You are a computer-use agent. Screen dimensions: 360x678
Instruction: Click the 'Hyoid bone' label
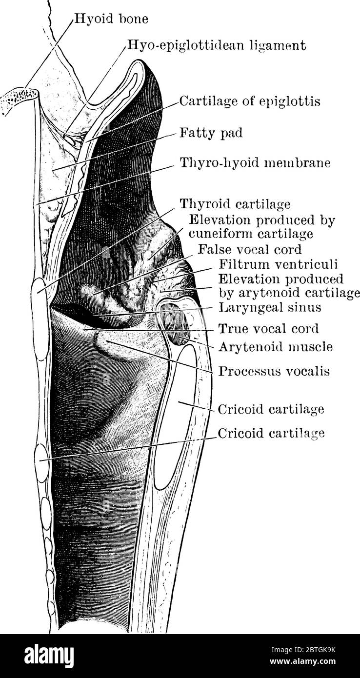point(111,19)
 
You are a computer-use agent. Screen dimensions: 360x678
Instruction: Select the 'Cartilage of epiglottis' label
point(250,101)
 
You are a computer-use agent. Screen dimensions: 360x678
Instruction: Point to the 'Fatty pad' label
point(211,133)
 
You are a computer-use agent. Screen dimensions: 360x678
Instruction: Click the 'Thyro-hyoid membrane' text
point(255,163)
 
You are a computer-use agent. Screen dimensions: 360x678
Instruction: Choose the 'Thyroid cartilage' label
point(235,204)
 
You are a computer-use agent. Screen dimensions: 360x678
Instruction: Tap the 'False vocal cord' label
point(250,249)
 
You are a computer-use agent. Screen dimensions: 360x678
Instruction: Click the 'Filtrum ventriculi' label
point(278,264)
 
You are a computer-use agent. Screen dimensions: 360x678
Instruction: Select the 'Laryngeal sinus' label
point(270,308)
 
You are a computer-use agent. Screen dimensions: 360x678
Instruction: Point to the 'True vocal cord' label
point(269,329)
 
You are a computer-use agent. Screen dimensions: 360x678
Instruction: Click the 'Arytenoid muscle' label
point(276,347)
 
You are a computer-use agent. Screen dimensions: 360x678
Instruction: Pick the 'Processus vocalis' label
point(274,371)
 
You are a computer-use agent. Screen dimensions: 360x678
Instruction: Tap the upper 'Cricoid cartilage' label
point(271,410)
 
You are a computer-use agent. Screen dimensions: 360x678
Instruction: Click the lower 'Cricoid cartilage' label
point(271,433)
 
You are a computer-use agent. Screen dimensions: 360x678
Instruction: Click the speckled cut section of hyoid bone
point(19,99)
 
